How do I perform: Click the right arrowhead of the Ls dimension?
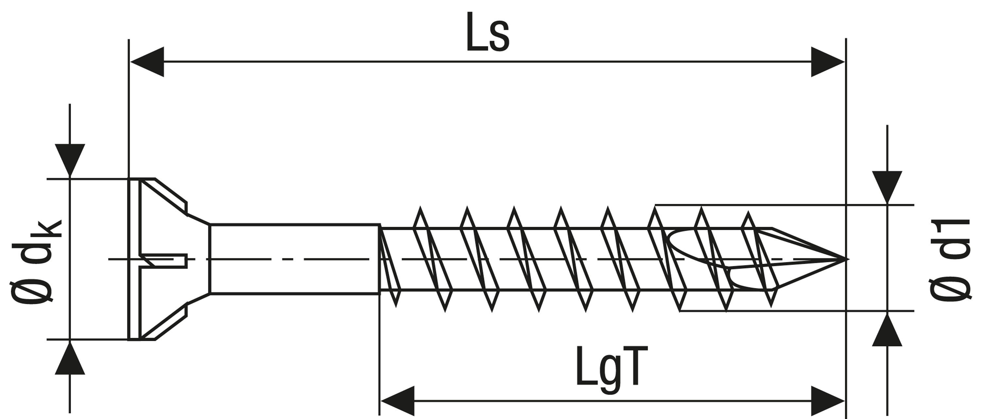(x=827, y=62)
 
